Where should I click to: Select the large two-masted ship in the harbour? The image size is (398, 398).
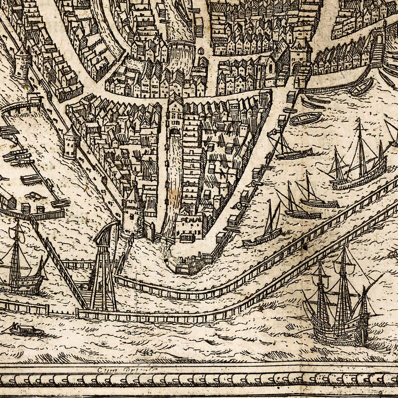coord(358,165)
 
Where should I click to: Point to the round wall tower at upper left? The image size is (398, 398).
coord(23,63)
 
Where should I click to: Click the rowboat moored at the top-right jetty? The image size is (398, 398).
coord(361,88)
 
